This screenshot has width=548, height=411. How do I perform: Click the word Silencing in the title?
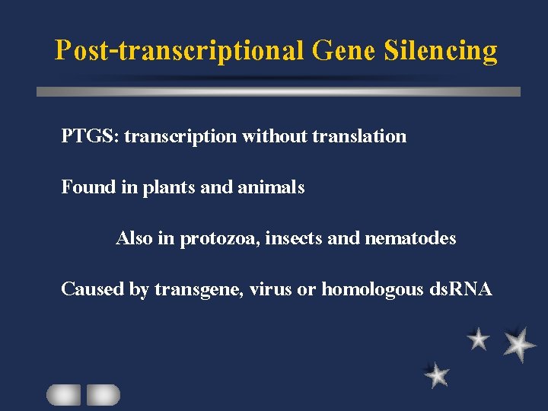(441, 51)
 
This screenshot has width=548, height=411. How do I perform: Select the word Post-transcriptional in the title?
(179, 51)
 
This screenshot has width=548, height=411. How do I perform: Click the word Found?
(88, 186)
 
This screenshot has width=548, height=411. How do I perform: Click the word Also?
(134, 238)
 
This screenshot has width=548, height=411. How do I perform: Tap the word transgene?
(196, 290)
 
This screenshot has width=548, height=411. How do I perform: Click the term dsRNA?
(460, 289)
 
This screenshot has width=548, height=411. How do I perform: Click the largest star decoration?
(519, 344)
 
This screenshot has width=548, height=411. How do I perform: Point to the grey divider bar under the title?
(279, 91)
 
